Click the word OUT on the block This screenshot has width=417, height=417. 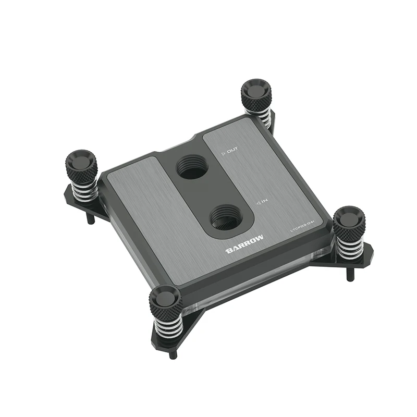click(x=232, y=151)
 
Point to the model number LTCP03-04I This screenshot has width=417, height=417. click(x=304, y=229)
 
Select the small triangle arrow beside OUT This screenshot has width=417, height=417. click(x=223, y=152)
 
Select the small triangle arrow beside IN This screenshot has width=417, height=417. click(x=257, y=204)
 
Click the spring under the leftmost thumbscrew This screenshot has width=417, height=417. click(x=84, y=190)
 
